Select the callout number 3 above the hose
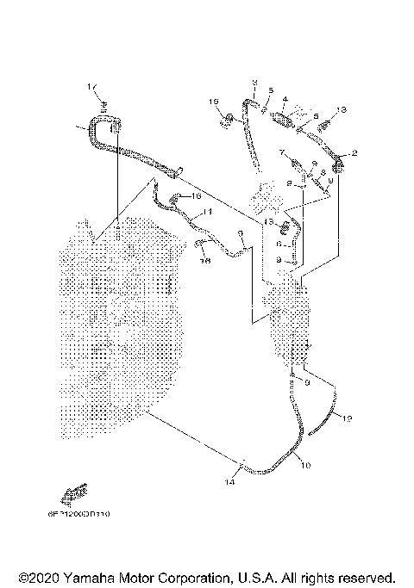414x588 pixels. [x=255, y=83]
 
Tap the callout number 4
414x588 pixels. [x=285, y=100]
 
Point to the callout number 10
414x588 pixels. [x=304, y=464]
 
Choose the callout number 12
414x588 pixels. [x=348, y=418]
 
